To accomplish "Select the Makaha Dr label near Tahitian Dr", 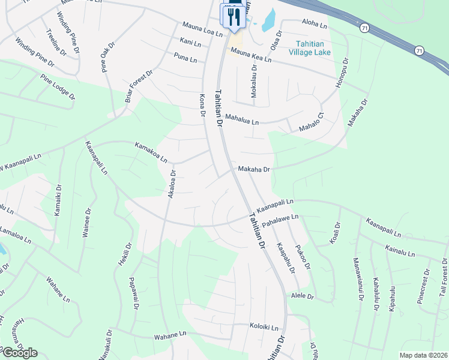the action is click(255, 170).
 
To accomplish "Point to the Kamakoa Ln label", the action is click(151, 152).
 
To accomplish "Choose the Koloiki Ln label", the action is click(264, 328).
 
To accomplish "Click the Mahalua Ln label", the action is click(243, 121).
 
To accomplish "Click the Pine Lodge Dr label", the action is click(58, 87).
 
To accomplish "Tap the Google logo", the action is click(20, 353).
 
